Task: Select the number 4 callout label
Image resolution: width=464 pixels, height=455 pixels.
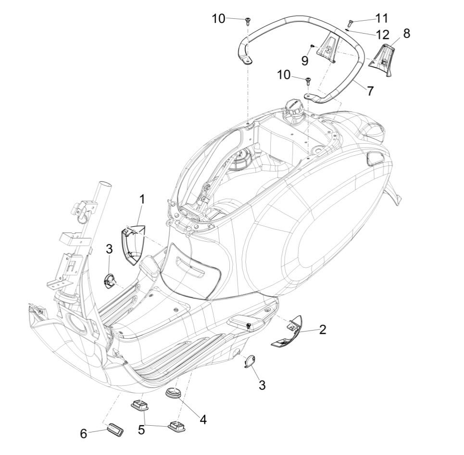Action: coord(203,419)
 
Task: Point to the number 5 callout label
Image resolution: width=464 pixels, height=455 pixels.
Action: coord(141,429)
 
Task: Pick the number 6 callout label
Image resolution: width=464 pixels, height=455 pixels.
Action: coord(84,433)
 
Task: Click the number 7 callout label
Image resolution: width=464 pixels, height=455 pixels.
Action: coord(370,90)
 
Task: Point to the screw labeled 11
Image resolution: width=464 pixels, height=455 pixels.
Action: coord(349,23)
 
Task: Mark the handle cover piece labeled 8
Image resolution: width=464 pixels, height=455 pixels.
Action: coord(383,61)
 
